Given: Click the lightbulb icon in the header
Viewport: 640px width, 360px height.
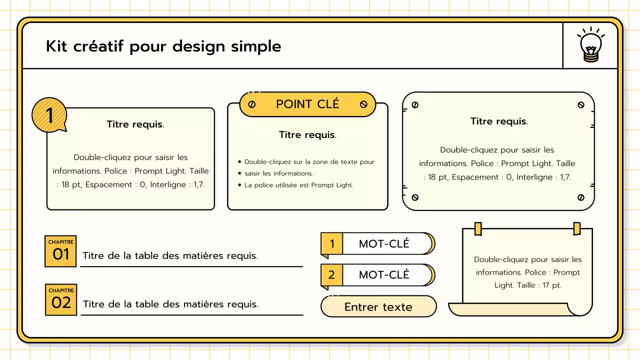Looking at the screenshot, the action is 590,45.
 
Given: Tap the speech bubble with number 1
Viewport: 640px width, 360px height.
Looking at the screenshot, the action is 49,115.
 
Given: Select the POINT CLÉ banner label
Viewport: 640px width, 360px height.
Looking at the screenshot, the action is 307,103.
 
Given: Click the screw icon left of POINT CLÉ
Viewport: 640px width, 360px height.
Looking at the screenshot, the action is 251,104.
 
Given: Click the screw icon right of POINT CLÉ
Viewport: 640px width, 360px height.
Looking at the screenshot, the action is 363,104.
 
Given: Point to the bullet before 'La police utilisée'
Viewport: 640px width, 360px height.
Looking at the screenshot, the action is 239,185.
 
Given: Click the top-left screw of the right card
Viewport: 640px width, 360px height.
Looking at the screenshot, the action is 415,105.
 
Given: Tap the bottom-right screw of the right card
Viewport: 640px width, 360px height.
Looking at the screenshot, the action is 581,197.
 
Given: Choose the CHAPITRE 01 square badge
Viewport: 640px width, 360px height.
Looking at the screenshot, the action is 60,251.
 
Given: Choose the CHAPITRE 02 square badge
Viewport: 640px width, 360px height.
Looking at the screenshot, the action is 61,299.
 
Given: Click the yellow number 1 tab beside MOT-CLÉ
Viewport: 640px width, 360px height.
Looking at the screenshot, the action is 331,243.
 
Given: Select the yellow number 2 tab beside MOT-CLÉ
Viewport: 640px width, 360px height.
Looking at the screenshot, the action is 331,275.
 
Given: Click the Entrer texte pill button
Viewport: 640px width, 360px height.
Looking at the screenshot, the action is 378,306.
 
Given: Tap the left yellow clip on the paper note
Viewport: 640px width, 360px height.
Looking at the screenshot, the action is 478,229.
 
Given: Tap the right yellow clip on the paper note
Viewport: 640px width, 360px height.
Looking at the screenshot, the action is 577,229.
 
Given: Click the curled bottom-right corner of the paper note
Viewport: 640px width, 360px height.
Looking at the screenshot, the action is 580,309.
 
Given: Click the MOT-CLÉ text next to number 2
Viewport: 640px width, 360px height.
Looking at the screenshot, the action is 384,275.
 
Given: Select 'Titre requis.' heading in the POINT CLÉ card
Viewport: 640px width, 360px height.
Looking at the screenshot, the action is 307,134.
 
